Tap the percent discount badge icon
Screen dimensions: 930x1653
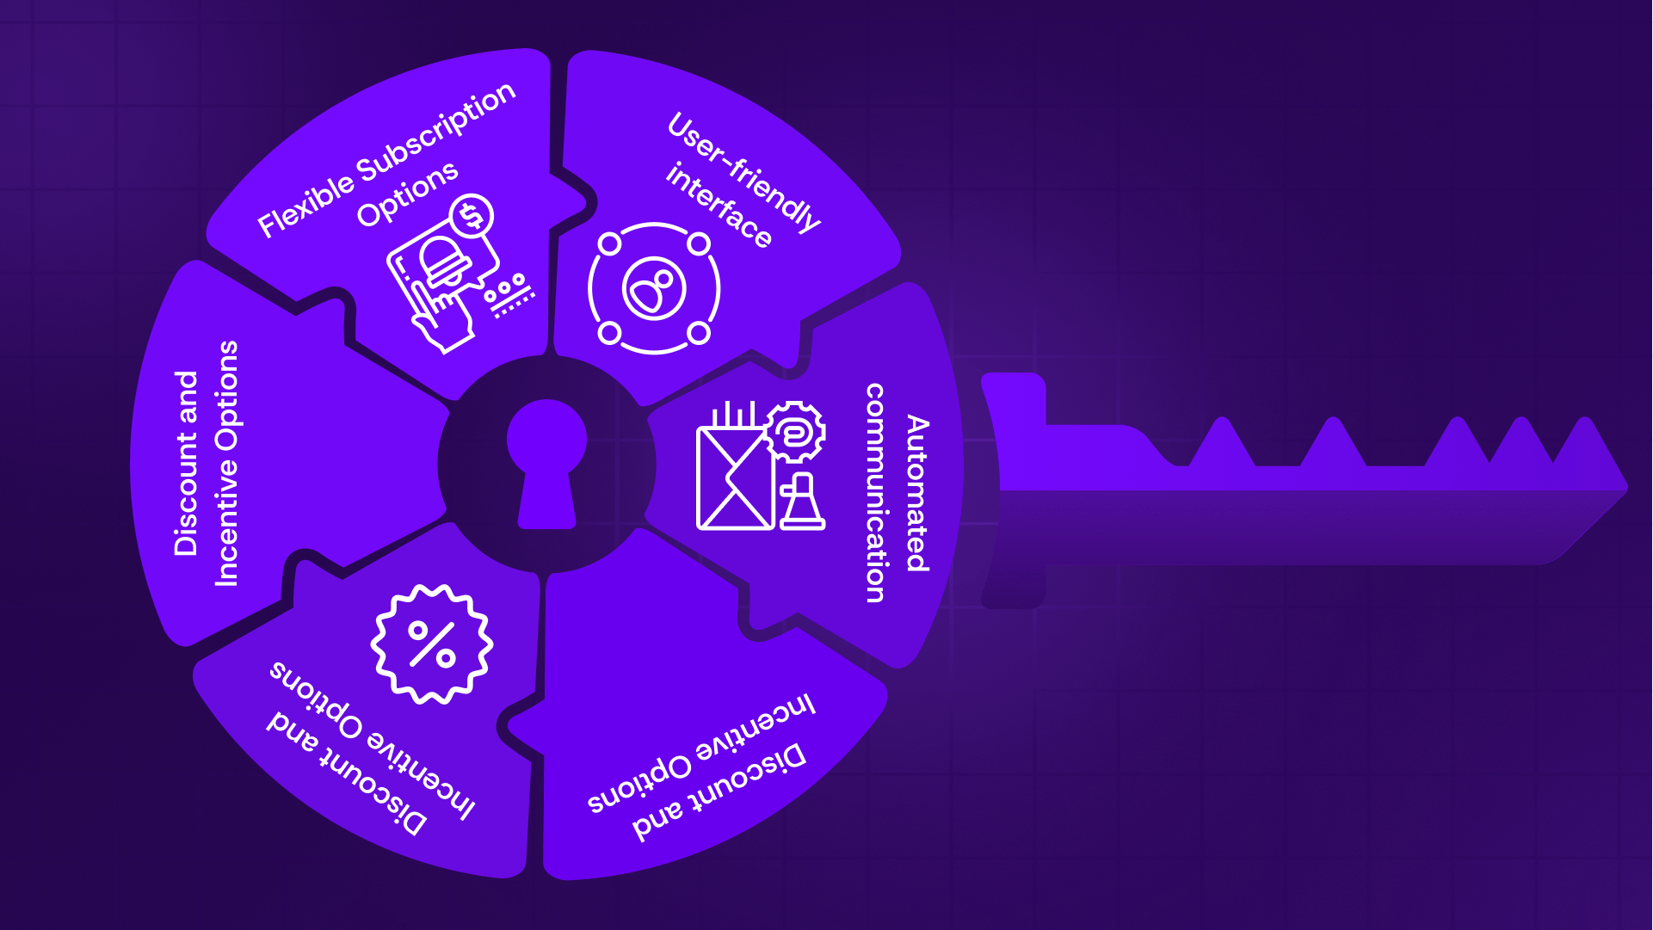(431, 644)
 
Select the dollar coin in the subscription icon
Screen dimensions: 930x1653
(472, 216)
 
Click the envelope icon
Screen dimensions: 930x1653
(734, 478)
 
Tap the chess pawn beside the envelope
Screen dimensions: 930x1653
(802, 503)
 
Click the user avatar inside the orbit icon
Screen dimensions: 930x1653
(654, 288)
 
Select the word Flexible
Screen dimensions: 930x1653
(305, 205)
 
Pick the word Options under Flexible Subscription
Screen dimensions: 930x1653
(407, 194)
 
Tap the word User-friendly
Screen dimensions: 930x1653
(743, 172)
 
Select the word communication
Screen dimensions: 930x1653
(875, 493)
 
